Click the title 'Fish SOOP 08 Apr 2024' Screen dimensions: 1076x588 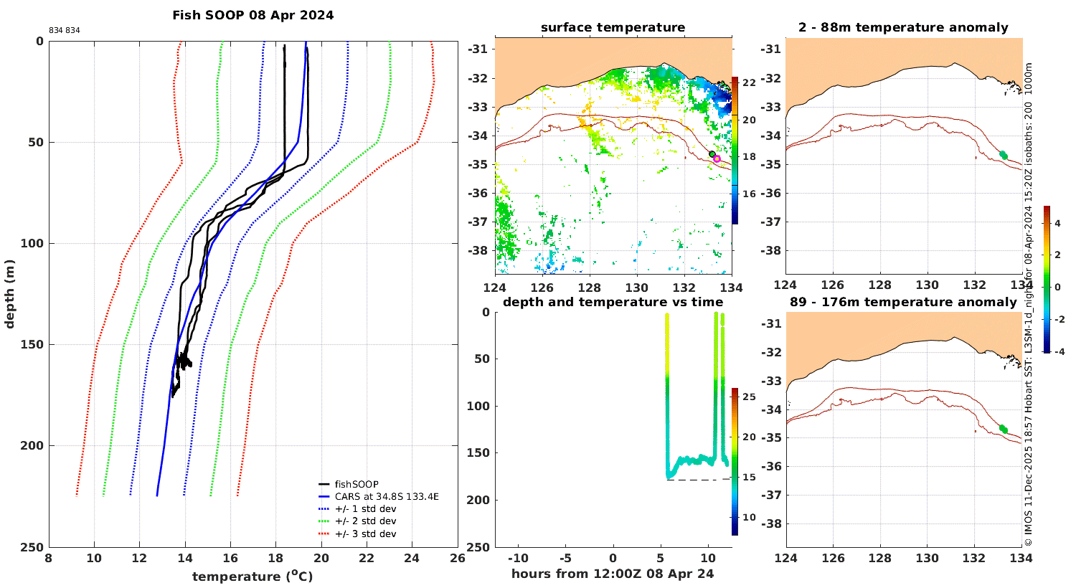pyautogui.click(x=253, y=15)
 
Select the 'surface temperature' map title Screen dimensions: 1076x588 pyautogui.click(x=613, y=27)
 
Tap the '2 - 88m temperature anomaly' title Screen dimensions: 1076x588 pyautogui.click(x=904, y=27)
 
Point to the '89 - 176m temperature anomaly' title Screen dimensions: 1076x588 pyautogui.click(x=904, y=302)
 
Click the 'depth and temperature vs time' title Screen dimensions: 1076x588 pyautogui.click(x=613, y=302)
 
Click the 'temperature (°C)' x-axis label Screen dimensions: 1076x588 pyautogui.click(x=253, y=576)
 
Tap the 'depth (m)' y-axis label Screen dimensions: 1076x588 pyautogui.click(x=9, y=294)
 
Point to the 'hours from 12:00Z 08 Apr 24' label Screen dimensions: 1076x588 pyautogui.click(x=613, y=574)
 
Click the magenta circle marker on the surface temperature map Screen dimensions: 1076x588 pyautogui.click(x=717, y=159)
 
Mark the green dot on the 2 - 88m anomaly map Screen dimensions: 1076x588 pyautogui.click(x=1004, y=155)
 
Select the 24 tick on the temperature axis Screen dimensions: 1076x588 pyautogui.click(x=412, y=558)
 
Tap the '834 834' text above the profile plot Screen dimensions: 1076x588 pyautogui.click(x=65, y=30)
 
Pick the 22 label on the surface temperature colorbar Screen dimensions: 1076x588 pyautogui.click(x=749, y=82)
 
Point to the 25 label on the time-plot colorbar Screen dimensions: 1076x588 pyautogui.click(x=749, y=397)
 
